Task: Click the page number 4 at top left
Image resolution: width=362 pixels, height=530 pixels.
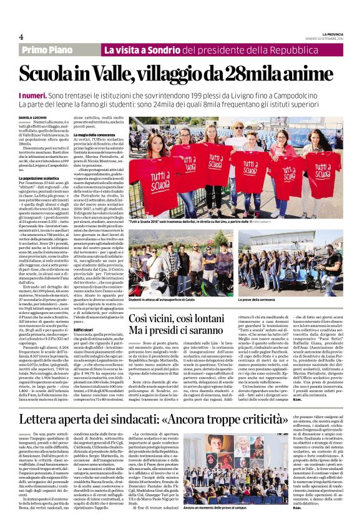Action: point(21,36)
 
